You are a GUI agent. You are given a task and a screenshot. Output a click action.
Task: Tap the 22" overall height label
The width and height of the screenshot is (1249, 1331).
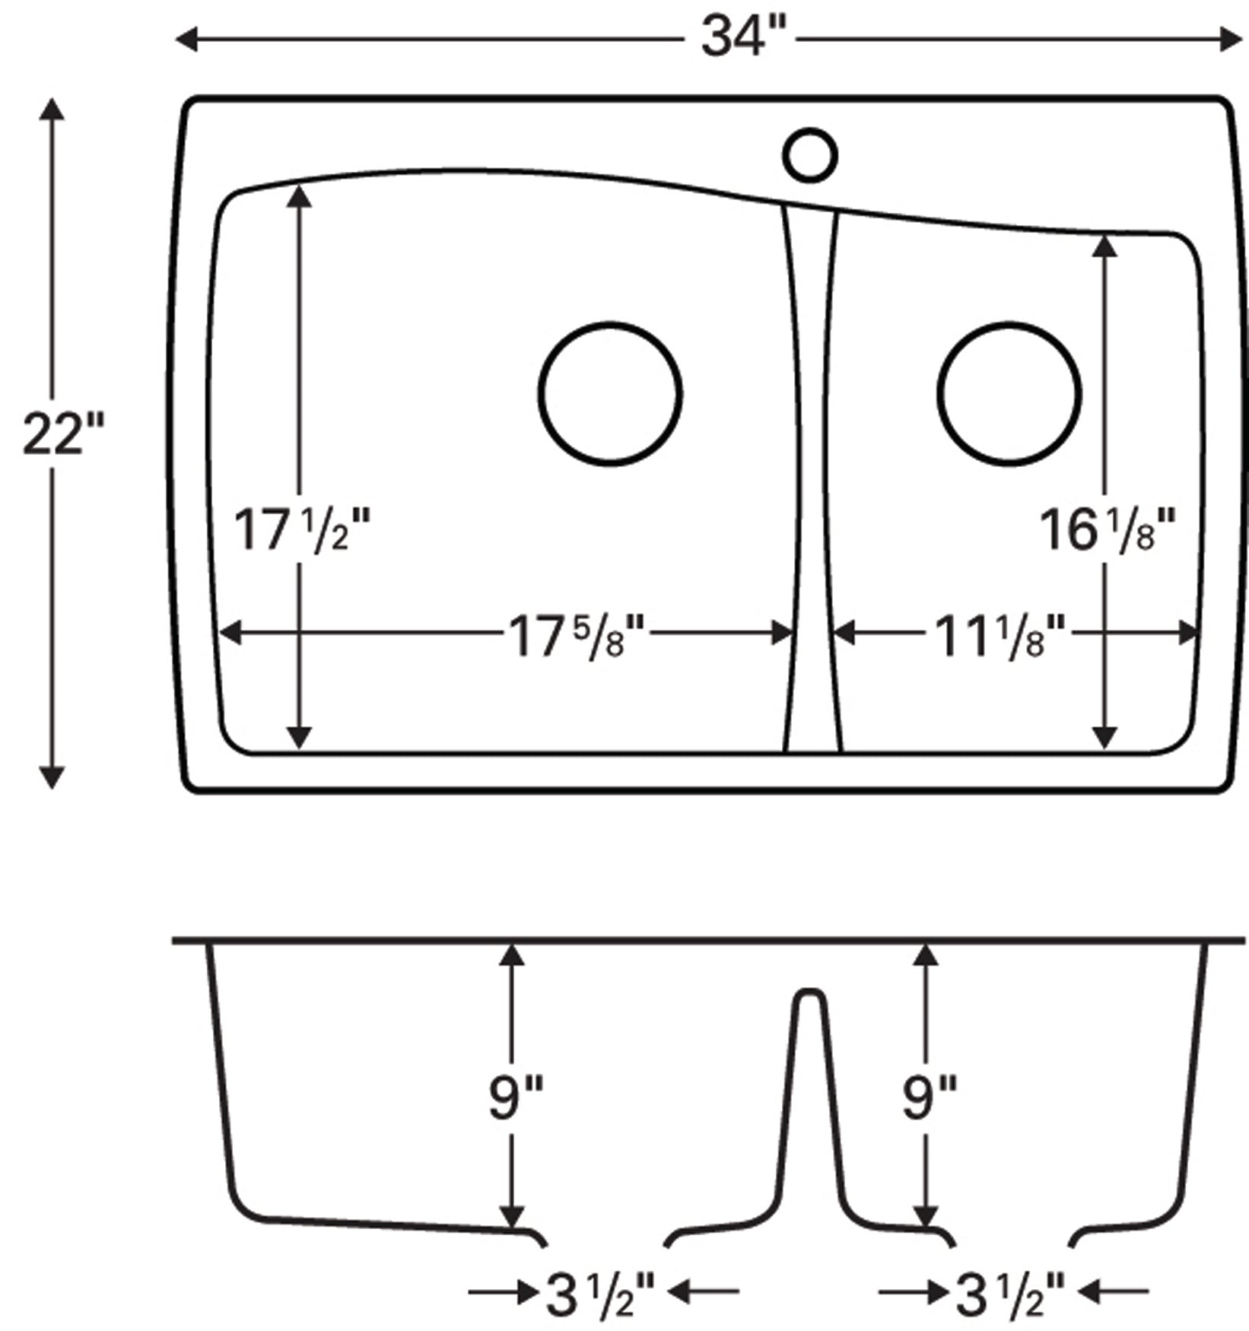[52, 435]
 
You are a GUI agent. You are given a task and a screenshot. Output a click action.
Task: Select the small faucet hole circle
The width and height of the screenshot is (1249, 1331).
[810, 155]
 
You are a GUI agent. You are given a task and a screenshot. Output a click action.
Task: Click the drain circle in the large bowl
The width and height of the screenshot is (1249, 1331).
[610, 393]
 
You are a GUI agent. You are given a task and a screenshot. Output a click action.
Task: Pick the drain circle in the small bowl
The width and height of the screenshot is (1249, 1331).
[1009, 393]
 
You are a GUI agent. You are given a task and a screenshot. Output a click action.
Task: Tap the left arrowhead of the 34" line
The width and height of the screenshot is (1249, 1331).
[187, 39]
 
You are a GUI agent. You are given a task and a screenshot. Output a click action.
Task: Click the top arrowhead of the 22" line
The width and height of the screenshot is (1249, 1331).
[52, 110]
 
